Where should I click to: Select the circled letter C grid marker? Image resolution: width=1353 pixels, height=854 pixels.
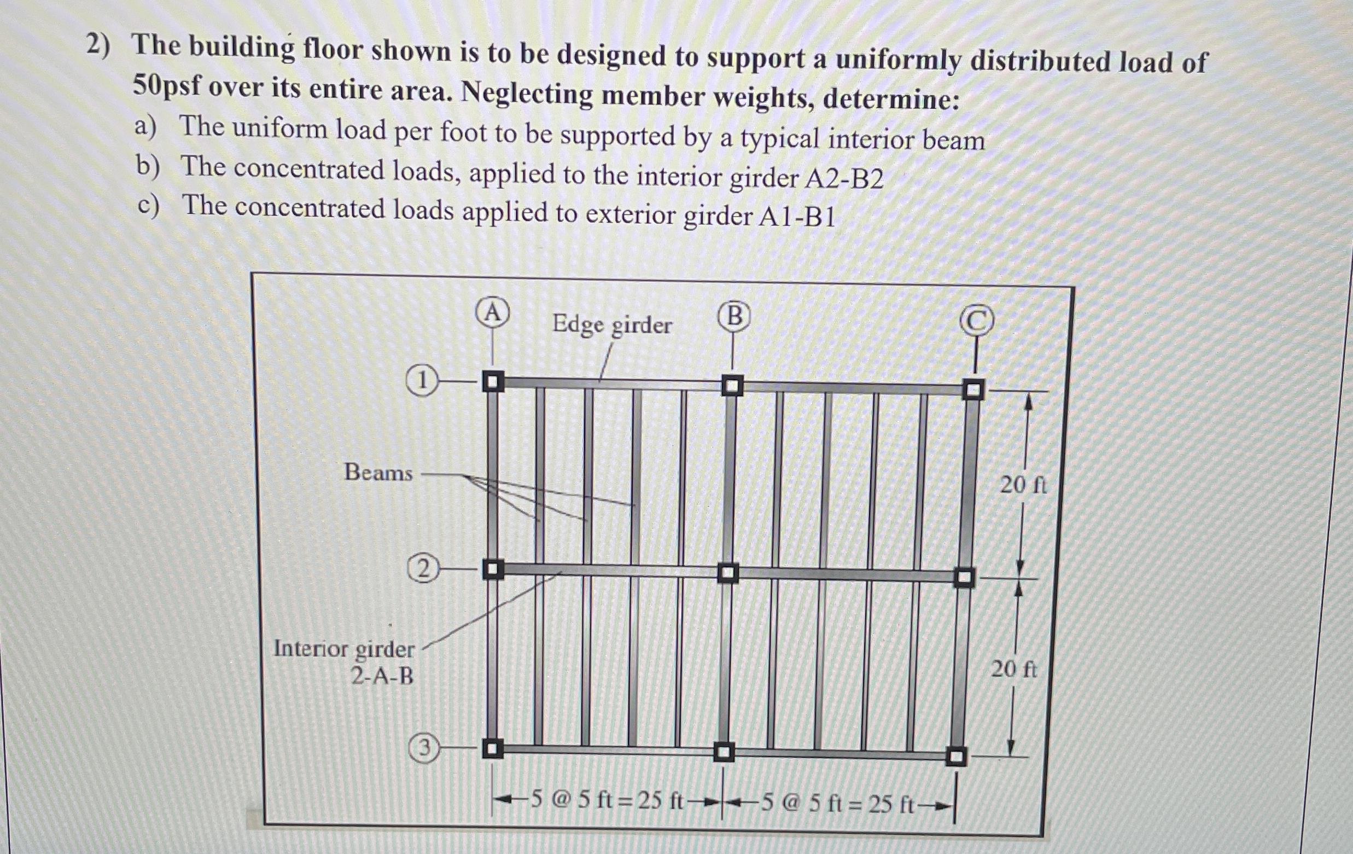977,321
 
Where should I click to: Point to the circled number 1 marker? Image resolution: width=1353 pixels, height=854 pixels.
422,382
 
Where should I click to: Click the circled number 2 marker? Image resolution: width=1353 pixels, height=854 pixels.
423,569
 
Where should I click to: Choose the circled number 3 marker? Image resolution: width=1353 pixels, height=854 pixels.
424,748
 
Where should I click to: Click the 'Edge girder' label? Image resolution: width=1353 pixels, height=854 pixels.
612,324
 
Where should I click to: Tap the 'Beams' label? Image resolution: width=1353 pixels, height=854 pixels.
378,472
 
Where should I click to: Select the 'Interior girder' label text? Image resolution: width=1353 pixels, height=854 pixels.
343,649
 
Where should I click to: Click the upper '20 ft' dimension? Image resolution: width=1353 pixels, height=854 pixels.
1023,485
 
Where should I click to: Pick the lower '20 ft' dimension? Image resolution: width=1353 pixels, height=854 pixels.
1013,669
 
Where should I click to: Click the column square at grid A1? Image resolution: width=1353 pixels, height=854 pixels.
493,382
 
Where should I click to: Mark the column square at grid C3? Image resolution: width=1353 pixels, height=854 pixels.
955,756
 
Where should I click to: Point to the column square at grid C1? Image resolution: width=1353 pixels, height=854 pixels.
973,389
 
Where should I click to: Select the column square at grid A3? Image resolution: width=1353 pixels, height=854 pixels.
492,748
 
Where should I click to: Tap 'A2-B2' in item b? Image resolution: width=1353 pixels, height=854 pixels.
844,179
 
